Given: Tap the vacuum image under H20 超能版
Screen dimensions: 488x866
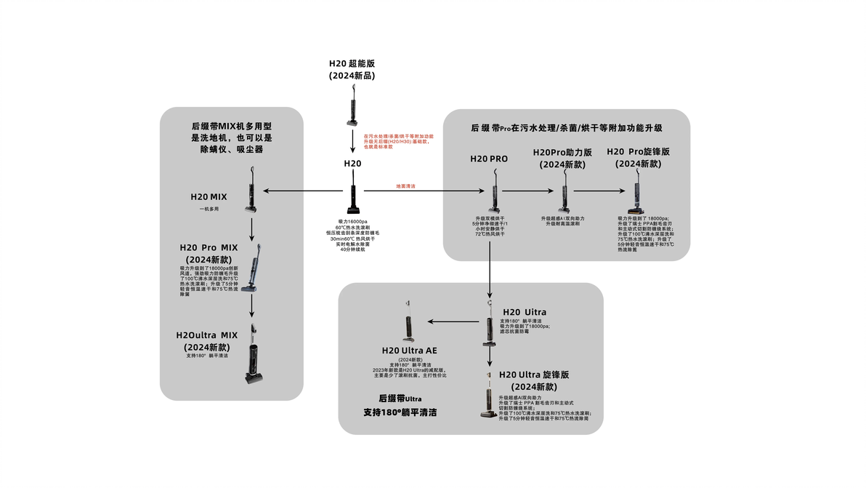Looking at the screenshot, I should (353, 105).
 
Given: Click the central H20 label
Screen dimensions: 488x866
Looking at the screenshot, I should (352, 164).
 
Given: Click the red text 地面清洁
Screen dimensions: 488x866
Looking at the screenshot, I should (405, 186).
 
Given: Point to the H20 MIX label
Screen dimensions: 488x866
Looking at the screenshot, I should (209, 196).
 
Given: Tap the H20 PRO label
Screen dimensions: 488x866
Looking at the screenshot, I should (489, 159).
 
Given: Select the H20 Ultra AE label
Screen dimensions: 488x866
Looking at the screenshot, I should (410, 351).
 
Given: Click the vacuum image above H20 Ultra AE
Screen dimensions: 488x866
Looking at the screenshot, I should (408, 322).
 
